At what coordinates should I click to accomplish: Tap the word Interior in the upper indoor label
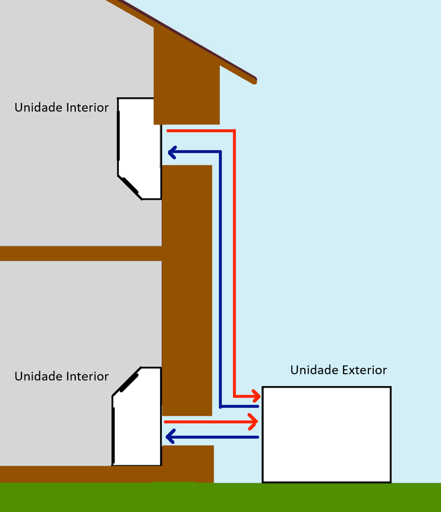tap(87, 107)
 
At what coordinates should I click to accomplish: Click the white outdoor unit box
tap(327, 434)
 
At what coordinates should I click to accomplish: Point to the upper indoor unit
tap(139, 149)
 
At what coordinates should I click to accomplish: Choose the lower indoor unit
tap(137, 416)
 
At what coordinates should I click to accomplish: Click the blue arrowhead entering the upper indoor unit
tap(172, 152)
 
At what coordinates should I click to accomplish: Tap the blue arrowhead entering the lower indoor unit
tap(170, 437)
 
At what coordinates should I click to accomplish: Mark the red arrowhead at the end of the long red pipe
tap(256, 396)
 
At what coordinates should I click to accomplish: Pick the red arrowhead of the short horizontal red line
tap(253, 422)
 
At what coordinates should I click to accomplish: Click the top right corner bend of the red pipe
tap(234, 131)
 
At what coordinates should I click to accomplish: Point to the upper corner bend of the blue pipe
tap(220, 152)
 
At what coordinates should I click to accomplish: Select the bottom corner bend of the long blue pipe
tap(220, 407)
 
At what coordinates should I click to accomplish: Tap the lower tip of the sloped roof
tap(255, 81)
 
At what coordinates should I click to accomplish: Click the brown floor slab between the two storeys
tap(81, 253)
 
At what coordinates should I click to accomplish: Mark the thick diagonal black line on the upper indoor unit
tap(130, 185)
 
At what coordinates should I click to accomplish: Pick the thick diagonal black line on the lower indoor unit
tap(129, 383)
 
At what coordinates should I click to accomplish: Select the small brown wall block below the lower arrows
tap(188, 463)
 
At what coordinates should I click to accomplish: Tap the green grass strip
tap(220, 497)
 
